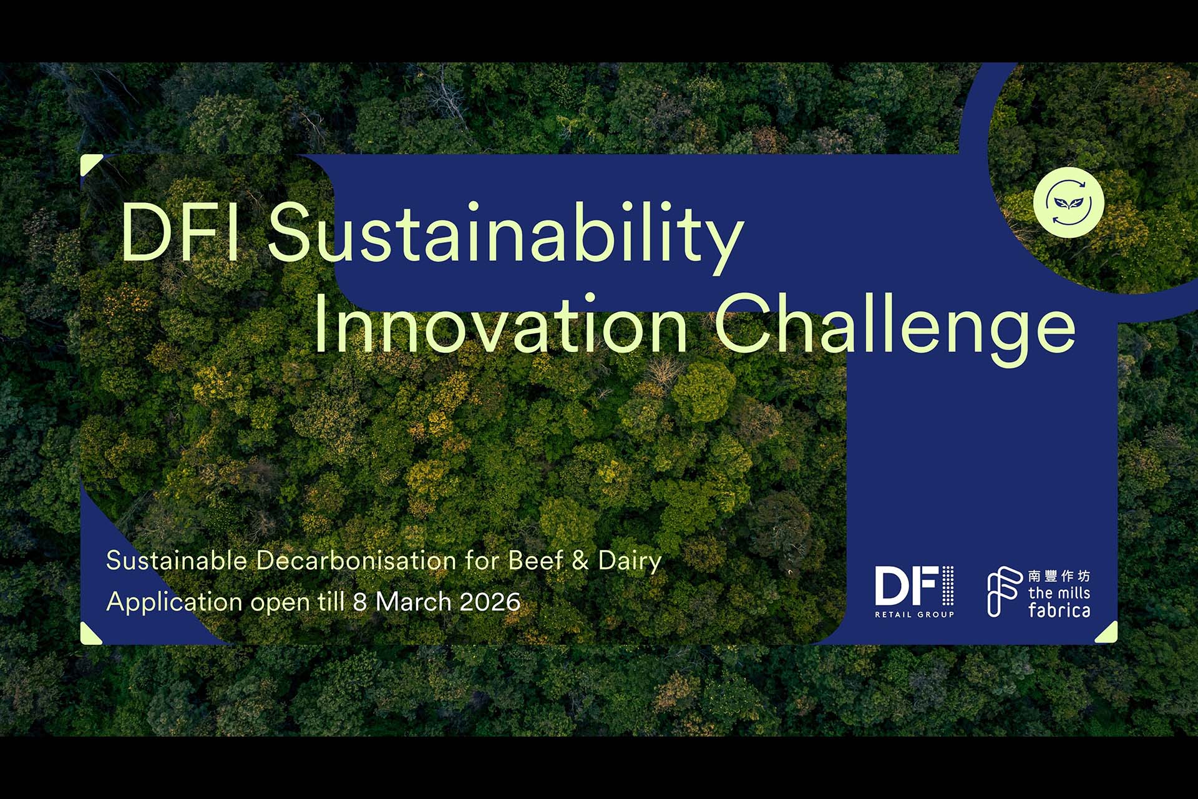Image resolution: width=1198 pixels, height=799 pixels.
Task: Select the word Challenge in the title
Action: [x=895, y=328]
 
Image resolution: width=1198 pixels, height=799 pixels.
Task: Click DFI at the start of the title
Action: [x=180, y=231]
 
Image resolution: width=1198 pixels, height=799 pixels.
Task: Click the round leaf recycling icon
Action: [x=1069, y=202]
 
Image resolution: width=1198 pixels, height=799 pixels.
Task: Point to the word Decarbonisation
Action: [x=356, y=560]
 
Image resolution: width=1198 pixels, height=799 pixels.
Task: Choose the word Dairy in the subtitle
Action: [x=630, y=561]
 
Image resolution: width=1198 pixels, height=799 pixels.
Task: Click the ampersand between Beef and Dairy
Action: [x=580, y=561]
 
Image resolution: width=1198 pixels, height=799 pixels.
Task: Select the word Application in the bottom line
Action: [x=174, y=602]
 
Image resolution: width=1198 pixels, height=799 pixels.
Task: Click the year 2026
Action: [x=490, y=602]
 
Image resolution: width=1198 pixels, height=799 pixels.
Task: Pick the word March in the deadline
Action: [x=413, y=602]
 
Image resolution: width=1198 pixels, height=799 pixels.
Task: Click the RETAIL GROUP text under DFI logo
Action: [x=914, y=614]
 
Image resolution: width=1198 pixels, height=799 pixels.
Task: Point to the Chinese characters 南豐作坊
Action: [x=1059, y=576]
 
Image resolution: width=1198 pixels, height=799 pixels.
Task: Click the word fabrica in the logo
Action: [x=1059, y=610]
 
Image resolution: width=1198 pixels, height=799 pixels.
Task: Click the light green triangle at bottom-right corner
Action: [x=1109, y=635]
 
